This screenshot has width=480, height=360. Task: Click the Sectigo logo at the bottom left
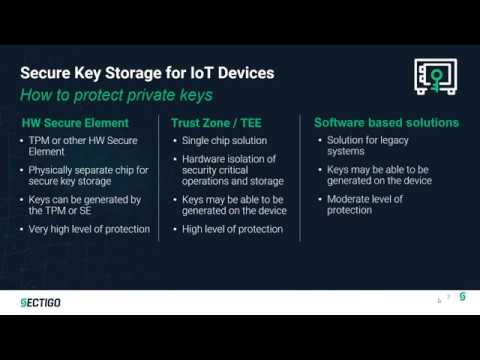pyautogui.click(x=41, y=302)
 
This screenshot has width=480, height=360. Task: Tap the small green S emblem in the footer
pyautogui.click(x=462, y=298)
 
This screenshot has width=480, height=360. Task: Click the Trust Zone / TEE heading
pyautogui.click(x=210, y=123)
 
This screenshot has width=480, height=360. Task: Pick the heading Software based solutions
pyautogui.click(x=386, y=123)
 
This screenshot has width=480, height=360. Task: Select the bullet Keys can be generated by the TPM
pyautogui.click(x=88, y=205)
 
